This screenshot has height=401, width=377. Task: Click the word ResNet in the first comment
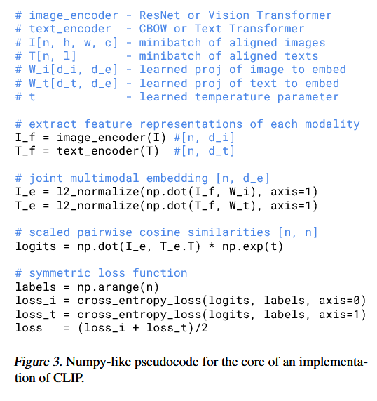click(160, 15)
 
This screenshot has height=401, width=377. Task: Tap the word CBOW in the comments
click(153, 29)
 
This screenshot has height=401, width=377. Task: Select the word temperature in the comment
click(233, 97)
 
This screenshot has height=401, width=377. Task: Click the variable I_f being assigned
click(25, 138)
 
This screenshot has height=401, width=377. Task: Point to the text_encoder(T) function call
click(108, 151)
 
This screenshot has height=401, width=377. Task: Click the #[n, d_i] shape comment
click(204, 138)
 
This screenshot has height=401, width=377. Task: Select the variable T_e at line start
click(25, 206)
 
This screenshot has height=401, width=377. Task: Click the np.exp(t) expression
click(252, 246)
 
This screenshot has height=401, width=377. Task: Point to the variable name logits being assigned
click(36, 246)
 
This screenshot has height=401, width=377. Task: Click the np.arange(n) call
click(118, 287)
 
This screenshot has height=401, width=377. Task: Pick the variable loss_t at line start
click(36, 315)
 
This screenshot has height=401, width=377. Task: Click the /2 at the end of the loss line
click(201, 328)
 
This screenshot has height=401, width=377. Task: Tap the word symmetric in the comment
click(60, 273)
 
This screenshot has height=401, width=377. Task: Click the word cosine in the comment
click(160, 232)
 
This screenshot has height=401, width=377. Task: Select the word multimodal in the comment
click(104, 178)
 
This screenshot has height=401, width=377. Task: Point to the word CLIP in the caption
click(69, 378)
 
